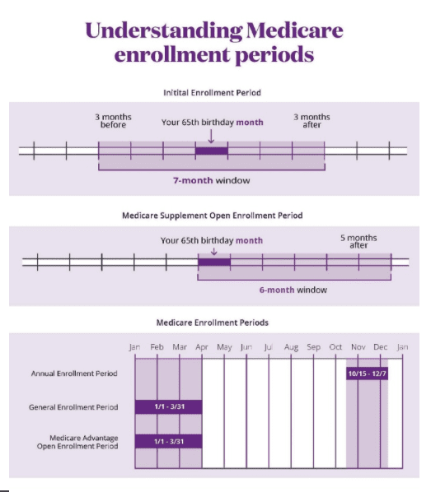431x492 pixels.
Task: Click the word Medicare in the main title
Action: (x=294, y=30)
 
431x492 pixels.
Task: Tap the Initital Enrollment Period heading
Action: (x=212, y=93)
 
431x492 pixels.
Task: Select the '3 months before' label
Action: (x=113, y=121)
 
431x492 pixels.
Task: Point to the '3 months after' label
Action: (x=312, y=121)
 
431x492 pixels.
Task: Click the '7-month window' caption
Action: (x=212, y=180)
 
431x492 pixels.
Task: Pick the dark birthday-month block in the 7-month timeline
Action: (x=212, y=151)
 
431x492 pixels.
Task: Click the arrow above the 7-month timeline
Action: (x=211, y=137)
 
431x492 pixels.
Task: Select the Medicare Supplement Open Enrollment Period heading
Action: (x=213, y=216)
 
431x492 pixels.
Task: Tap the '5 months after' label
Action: (x=358, y=242)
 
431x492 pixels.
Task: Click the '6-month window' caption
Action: (x=293, y=290)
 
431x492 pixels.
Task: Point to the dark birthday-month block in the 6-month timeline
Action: (x=214, y=262)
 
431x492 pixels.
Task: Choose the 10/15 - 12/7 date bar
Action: (x=368, y=374)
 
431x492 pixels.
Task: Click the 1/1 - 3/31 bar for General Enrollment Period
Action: (x=168, y=407)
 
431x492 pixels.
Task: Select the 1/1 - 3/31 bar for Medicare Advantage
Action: (x=168, y=442)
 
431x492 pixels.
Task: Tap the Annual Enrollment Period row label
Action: (x=74, y=374)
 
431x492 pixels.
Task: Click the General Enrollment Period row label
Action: (x=73, y=407)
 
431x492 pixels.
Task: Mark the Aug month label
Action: (x=291, y=347)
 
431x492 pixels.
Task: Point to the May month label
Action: (x=224, y=347)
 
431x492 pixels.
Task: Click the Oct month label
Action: (x=335, y=347)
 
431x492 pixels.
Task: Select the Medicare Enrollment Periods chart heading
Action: (x=213, y=323)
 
